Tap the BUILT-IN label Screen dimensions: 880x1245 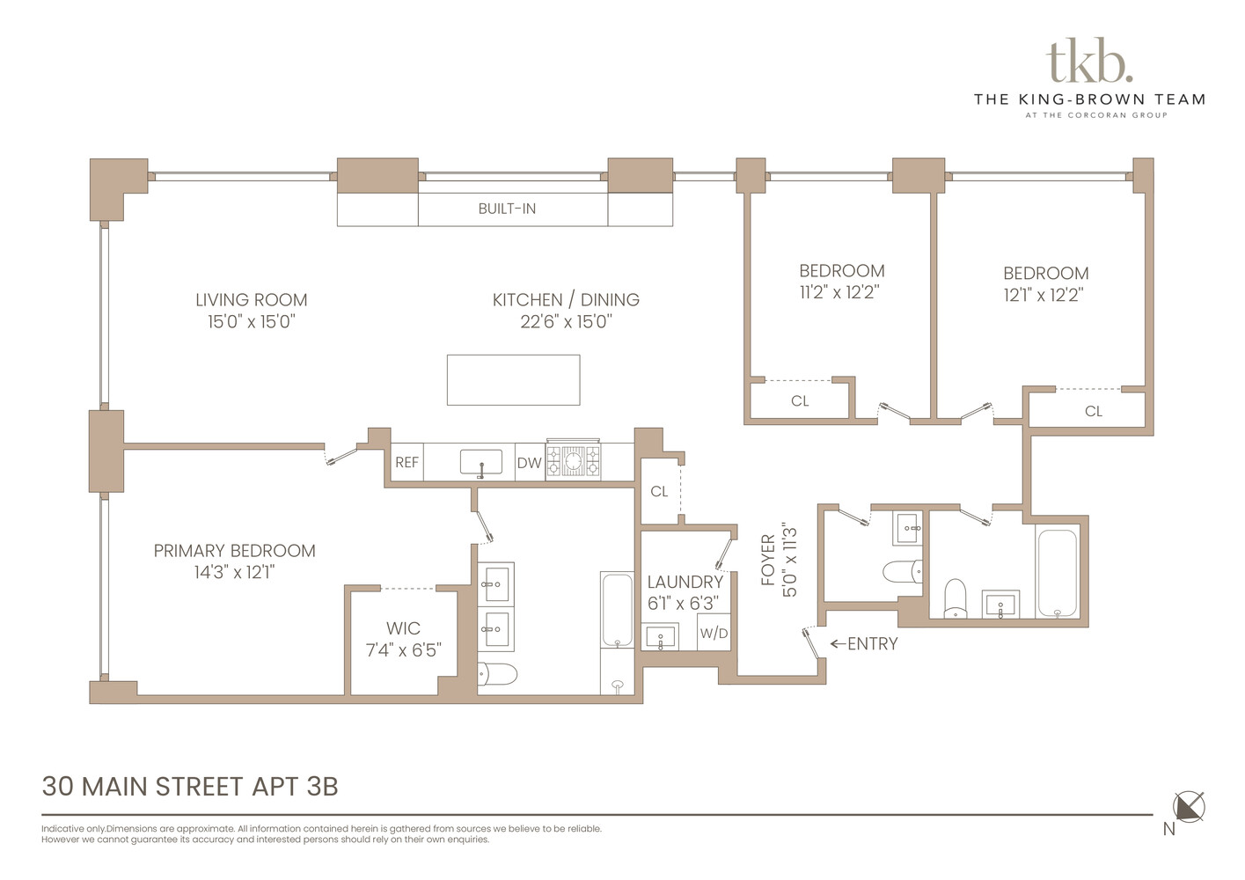[507, 209]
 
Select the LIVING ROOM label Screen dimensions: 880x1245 [251, 300]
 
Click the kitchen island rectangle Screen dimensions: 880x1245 [513, 380]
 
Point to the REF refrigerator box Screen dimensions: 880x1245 [406, 463]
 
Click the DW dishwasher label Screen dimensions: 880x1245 [529, 463]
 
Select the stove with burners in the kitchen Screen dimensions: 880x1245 [573, 461]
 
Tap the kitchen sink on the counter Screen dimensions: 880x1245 [481, 462]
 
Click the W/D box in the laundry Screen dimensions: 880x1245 [714, 634]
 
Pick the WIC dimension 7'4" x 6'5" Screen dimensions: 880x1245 [403, 650]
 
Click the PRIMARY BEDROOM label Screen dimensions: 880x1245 [234, 551]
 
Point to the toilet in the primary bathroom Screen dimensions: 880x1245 [497, 674]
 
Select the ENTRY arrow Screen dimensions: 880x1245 [837, 644]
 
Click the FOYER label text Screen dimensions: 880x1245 [768, 561]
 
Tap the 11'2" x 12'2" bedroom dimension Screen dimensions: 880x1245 [839, 293]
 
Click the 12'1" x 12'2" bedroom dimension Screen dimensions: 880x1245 [1044, 296]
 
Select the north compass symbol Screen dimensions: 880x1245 [1189, 807]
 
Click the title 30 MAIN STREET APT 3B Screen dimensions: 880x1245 [190, 786]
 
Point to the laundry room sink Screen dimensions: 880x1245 [660, 636]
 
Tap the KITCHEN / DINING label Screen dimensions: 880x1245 [566, 300]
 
